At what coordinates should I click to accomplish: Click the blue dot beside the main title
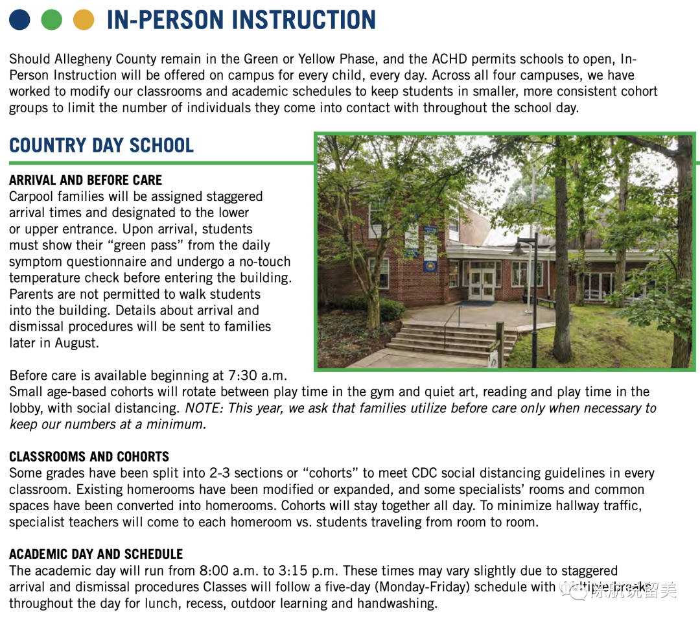19,20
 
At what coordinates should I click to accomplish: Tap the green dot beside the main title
51,20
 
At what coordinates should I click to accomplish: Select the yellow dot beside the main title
84,20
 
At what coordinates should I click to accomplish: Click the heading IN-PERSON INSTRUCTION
241,20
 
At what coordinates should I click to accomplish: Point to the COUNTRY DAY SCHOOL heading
102,145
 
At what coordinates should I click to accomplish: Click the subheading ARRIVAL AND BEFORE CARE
86,180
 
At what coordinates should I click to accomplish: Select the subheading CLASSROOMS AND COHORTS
89,456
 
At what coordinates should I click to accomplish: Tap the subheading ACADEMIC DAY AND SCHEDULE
96,554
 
